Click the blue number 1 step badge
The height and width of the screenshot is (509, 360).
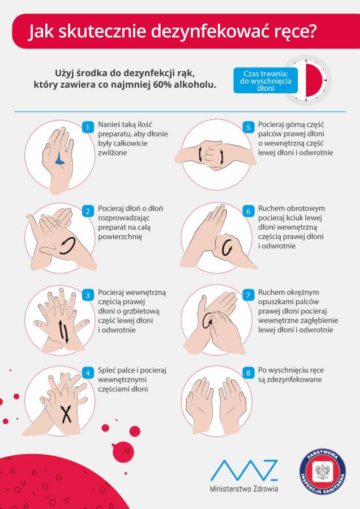(x=88, y=127)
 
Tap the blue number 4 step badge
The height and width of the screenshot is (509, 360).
(x=88, y=373)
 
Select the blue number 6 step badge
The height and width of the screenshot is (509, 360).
(x=248, y=212)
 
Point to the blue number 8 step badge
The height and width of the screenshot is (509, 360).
(x=248, y=373)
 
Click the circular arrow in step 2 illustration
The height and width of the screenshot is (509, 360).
(x=67, y=245)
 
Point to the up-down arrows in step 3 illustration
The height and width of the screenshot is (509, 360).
(x=64, y=331)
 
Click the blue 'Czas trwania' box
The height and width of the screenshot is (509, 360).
(x=265, y=80)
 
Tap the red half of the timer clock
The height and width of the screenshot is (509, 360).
(x=314, y=80)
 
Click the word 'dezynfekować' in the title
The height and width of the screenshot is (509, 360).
(x=207, y=32)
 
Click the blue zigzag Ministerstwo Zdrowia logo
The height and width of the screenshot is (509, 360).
(x=244, y=470)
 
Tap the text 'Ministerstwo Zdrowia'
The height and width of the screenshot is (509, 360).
(x=244, y=489)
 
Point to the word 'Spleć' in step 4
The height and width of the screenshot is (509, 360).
(x=106, y=370)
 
